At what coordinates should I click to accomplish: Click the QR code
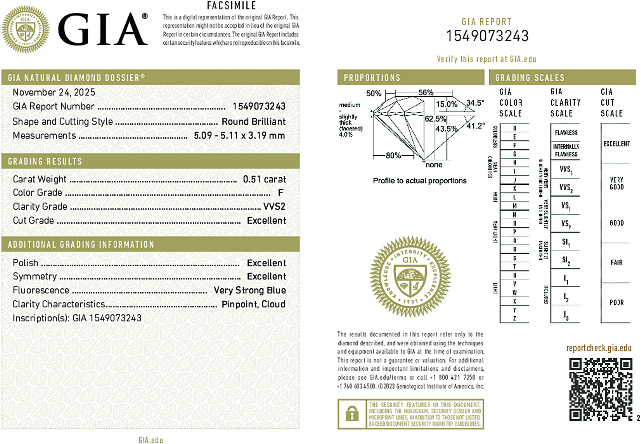(600, 389)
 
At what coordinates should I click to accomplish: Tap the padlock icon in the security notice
(352, 414)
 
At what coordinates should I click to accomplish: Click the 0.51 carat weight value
(264, 179)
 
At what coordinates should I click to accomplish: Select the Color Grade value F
(280, 193)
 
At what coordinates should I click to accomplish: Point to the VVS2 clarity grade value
(274, 207)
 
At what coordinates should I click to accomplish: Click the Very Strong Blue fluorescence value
(250, 290)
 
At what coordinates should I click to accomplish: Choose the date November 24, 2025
(54, 92)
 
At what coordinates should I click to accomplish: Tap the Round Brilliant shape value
(253, 121)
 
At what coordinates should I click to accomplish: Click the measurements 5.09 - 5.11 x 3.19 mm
(239, 136)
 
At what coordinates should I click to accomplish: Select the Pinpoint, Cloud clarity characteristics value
(253, 304)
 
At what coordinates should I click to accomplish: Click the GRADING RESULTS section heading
(45, 161)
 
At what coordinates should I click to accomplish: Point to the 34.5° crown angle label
(475, 103)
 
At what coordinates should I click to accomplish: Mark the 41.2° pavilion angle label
(475, 126)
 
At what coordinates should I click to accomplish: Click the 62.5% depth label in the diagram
(435, 119)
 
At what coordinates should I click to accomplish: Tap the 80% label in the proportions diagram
(393, 155)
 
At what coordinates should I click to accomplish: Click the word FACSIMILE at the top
(231, 6)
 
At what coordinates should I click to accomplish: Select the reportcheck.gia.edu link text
(599, 348)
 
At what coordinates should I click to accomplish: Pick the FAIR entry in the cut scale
(616, 262)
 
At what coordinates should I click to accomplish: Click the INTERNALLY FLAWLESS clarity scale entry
(566, 150)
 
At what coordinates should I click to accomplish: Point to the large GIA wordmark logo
(103, 29)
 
